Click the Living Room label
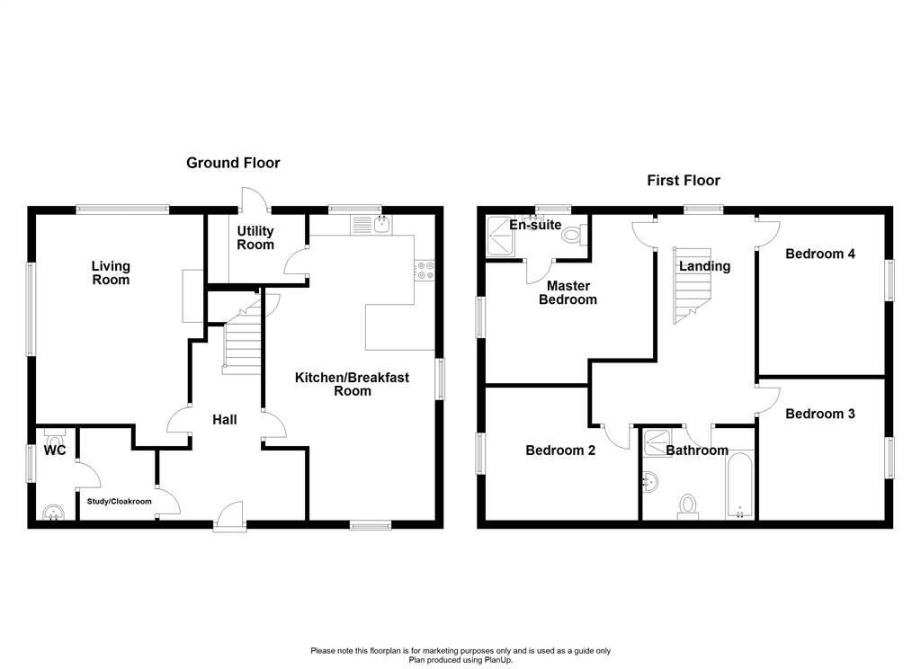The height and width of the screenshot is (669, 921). (111, 273)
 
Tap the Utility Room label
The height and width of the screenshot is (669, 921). (255, 238)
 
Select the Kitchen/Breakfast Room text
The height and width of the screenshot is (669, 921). (352, 384)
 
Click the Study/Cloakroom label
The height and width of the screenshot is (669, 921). (120, 502)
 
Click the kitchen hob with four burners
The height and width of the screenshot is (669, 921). (425, 270)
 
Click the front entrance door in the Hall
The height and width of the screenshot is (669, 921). (230, 517)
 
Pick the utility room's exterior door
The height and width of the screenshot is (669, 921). (255, 199)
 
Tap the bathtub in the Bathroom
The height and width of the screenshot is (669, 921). (739, 485)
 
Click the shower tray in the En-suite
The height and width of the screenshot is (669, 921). (500, 236)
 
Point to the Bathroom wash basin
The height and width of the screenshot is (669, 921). (651, 482)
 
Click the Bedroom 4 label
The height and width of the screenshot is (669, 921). (820, 254)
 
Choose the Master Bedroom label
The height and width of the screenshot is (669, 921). (568, 292)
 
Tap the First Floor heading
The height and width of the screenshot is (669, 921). (684, 181)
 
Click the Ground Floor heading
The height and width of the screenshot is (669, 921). (233, 163)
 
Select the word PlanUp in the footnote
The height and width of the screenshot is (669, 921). (497, 660)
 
